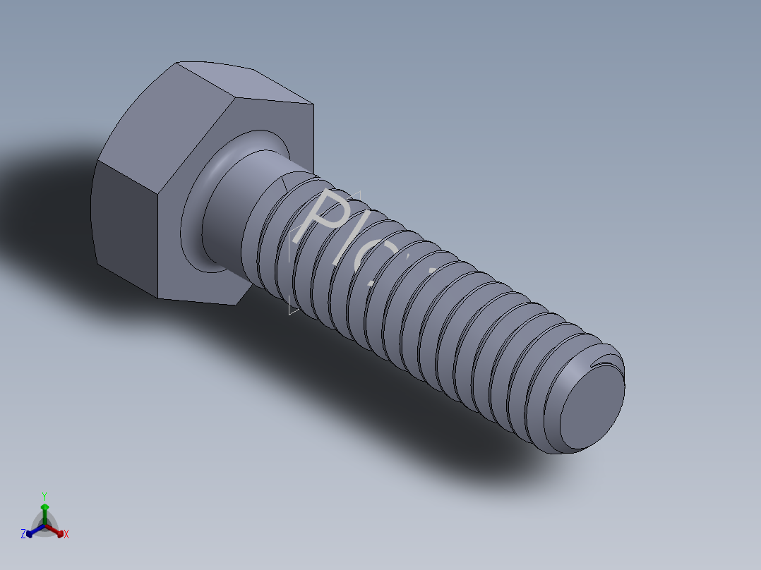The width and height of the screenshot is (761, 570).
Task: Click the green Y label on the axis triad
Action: pyautogui.click(x=44, y=496)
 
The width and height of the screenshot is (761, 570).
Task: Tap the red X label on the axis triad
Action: pyautogui.click(x=66, y=535)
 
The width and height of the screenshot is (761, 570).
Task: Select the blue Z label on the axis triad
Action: pyautogui.click(x=23, y=534)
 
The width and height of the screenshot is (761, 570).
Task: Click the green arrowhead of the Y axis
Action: pyautogui.click(x=44, y=507)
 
